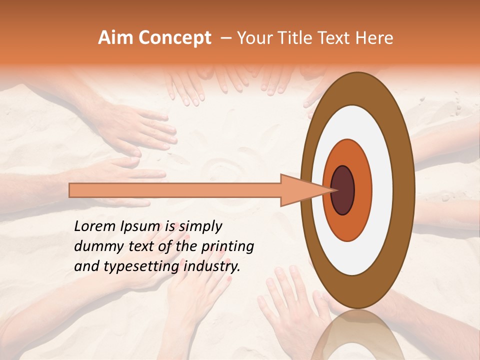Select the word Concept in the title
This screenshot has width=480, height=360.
point(174,38)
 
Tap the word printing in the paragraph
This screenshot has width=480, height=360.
point(227,247)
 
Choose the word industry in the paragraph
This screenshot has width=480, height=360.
point(212,266)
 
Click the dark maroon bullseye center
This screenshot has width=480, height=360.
point(343,190)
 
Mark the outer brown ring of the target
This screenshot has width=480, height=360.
point(405,190)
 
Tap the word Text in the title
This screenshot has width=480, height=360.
point(342,38)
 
